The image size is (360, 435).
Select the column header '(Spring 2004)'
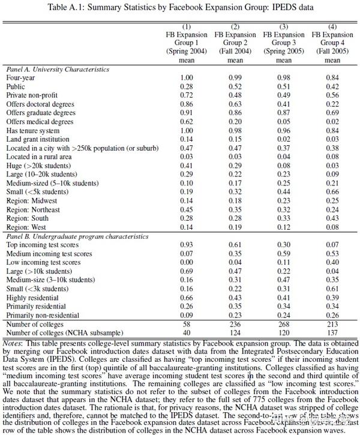click(186, 52)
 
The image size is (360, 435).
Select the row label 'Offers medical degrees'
click(42, 122)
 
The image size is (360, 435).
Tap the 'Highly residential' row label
click(34, 298)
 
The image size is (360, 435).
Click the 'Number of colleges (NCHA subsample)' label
click(64, 332)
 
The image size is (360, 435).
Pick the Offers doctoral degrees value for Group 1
click(187, 104)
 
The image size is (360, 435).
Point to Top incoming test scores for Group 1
click(187, 245)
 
